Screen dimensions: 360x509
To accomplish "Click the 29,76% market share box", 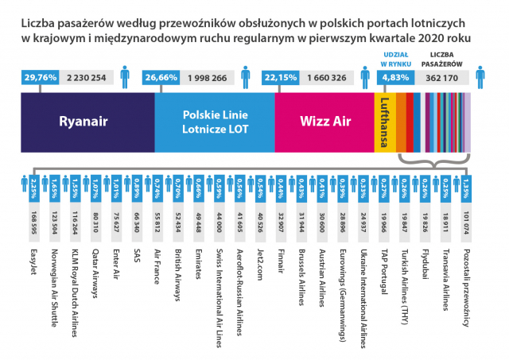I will coord(40,78).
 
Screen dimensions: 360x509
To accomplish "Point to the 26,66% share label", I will coord(161,78).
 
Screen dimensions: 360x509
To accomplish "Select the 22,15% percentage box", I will coord(280,78).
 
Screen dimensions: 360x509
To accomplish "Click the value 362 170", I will coord(442,78).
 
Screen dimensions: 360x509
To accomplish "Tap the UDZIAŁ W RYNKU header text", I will coord(392,58).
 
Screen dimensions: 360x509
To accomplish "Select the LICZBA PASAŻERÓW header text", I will coord(442,58).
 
